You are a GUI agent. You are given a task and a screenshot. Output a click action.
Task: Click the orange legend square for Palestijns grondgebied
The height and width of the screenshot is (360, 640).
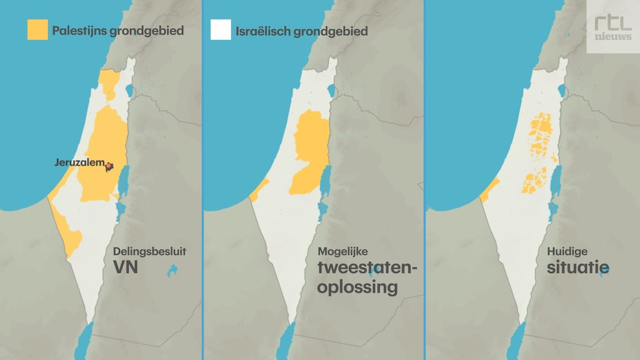click(37, 29)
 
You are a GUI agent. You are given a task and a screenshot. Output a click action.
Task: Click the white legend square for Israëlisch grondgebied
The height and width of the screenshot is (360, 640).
click(221, 29)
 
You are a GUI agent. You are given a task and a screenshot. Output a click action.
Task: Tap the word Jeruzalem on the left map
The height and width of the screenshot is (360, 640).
click(79, 162)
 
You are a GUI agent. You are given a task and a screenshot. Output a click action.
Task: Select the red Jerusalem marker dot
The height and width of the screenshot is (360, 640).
click(109, 166)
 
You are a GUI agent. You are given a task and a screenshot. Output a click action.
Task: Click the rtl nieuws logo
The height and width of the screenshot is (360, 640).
click(612, 27)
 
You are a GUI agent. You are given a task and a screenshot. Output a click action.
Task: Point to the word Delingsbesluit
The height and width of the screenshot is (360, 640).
click(149, 252)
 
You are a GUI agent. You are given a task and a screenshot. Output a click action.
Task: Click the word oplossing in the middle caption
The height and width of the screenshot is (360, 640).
click(357, 287)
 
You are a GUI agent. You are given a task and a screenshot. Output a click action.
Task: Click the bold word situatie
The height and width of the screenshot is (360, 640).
click(578, 269)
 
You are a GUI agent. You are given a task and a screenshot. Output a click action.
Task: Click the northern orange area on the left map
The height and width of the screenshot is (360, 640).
click(110, 82)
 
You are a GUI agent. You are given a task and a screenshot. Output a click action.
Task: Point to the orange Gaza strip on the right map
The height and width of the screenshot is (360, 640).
click(490, 189)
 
